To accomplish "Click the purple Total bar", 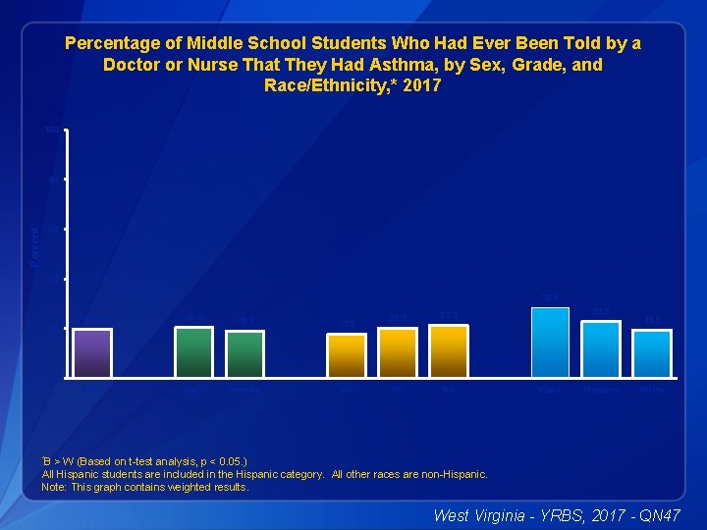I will pyautogui.click(x=92, y=352).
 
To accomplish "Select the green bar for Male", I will pyautogui.click(x=193, y=351).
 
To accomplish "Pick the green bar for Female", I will pyautogui.click(x=245, y=353).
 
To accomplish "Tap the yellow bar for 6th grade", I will pyautogui.click(x=347, y=355).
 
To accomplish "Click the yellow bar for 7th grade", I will pyautogui.click(x=398, y=352).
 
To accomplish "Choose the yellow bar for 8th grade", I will pyautogui.click(x=449, y=350).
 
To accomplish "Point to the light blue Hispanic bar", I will pyautogui.click(x=601, y=348).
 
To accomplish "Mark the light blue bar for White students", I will pyautogui.click(x=652, y=353).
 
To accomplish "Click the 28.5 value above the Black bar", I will pyautogui.click(x=550, y=297).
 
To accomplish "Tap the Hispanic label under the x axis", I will pyautogui.click(x=601, y=390).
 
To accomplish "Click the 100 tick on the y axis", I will pyautogui.click(x=51, y=131).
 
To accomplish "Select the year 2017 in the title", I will pyautogui.click(x=422, y=86).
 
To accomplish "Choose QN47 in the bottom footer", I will pyautogui.click(x=659, y=514).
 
